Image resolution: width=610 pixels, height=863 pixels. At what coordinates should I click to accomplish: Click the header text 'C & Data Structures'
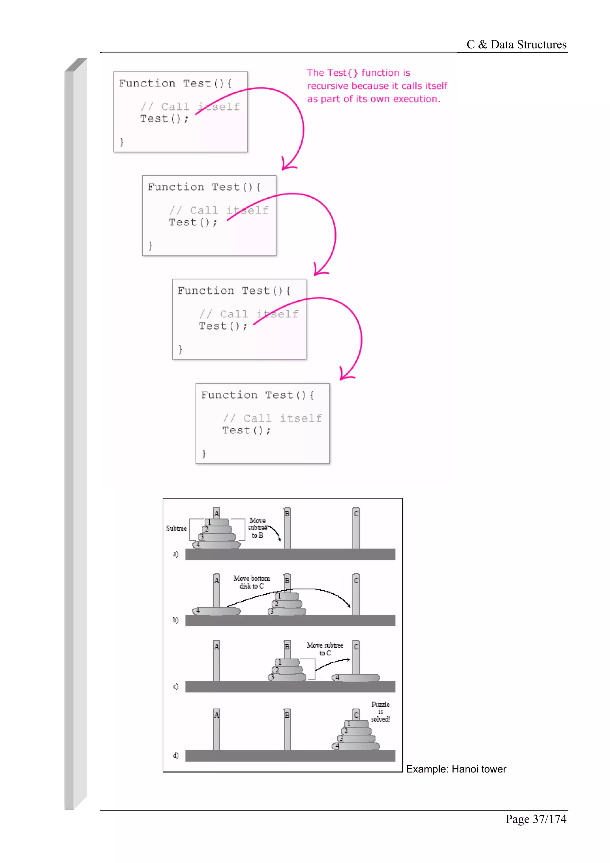click(516, 44)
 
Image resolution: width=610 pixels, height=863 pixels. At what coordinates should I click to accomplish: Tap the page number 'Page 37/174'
click(536, 819)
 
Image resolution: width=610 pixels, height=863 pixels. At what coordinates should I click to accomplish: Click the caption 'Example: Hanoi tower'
click(456, 769)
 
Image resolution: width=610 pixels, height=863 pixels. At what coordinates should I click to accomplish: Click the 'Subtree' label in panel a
click(176, 529)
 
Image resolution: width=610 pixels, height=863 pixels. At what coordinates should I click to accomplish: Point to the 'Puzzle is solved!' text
click(380, 711)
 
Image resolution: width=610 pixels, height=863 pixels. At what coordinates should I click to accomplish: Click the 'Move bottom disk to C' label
click(251, 582)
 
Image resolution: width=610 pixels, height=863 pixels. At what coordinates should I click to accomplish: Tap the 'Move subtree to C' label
click(325, 649)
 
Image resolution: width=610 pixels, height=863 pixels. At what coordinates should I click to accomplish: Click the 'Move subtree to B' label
click(257, 528)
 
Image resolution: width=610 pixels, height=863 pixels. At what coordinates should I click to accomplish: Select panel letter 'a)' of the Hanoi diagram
click(175, 554)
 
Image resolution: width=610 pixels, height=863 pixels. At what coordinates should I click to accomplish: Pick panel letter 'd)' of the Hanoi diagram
click(175, 755)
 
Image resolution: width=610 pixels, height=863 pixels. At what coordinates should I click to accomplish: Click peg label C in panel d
click(356, 714)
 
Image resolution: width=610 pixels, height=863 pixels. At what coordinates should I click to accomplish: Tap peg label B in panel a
click(287, 513)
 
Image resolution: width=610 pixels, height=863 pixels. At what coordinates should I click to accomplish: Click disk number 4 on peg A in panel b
click(198, 610)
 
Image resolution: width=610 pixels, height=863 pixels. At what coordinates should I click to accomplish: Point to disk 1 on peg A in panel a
click(210, 522)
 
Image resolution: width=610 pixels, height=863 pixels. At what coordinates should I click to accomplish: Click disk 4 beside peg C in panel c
click(337, 677)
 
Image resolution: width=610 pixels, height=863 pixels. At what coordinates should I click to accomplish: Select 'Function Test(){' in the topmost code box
click(175, 83)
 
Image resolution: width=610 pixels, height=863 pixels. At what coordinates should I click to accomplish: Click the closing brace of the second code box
click(150, 246)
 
